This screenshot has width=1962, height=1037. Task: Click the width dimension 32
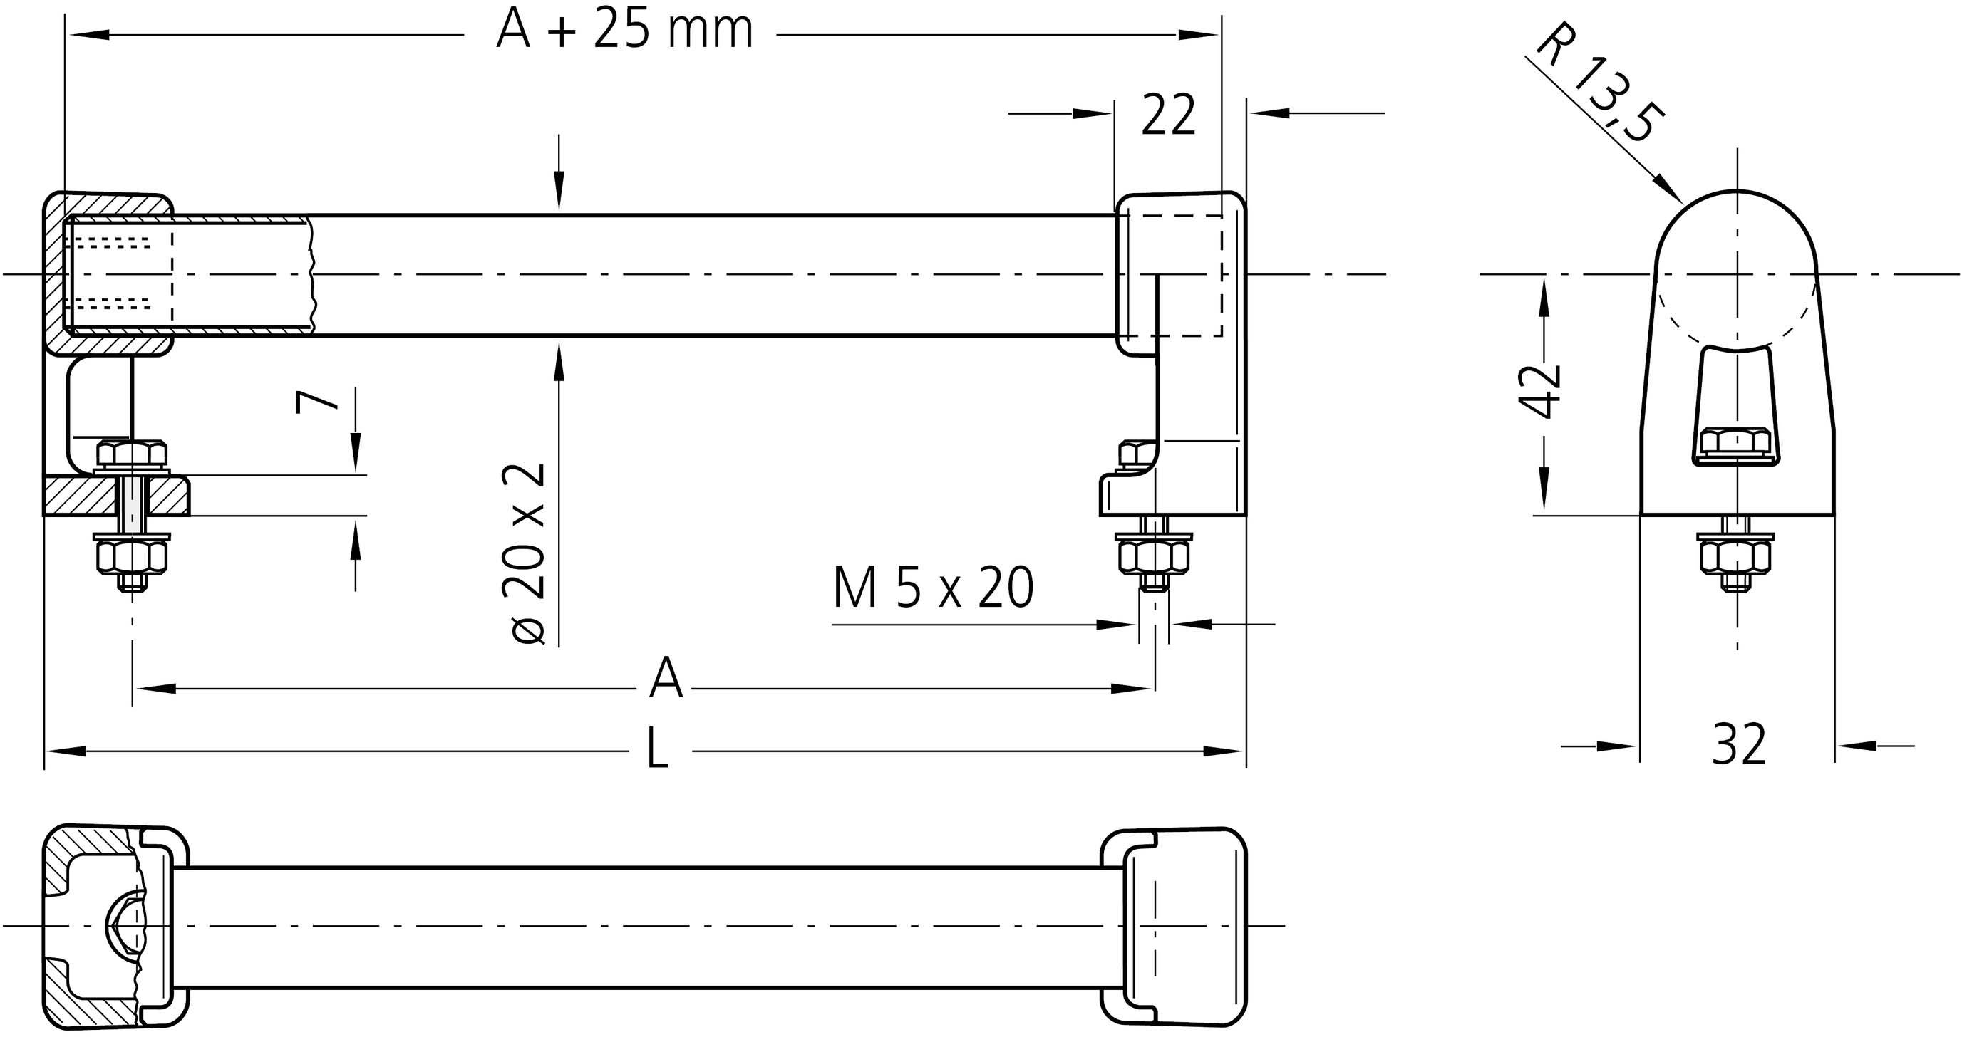pyautogui.click(x=1739, y=746)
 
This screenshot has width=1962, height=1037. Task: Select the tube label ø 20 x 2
pyautogui.click(x=526, y=553)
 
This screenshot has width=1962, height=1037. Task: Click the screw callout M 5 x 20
pyautogui.click(x=933, y=588)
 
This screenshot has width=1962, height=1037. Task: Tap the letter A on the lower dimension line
pyautogui.click(x=666, y=679)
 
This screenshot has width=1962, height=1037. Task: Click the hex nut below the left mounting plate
pyautogui.click(x=132, y=558)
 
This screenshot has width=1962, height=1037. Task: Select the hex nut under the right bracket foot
pyautogui.click(x=1153, y=558)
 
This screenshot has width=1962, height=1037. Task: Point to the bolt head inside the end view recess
pyautogui.click(x=1736, y=442)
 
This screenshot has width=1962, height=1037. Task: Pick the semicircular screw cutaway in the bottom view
pyautogui.click(x=122, y=926)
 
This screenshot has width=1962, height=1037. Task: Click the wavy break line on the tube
pyautogui.click(x=311, y=274)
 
